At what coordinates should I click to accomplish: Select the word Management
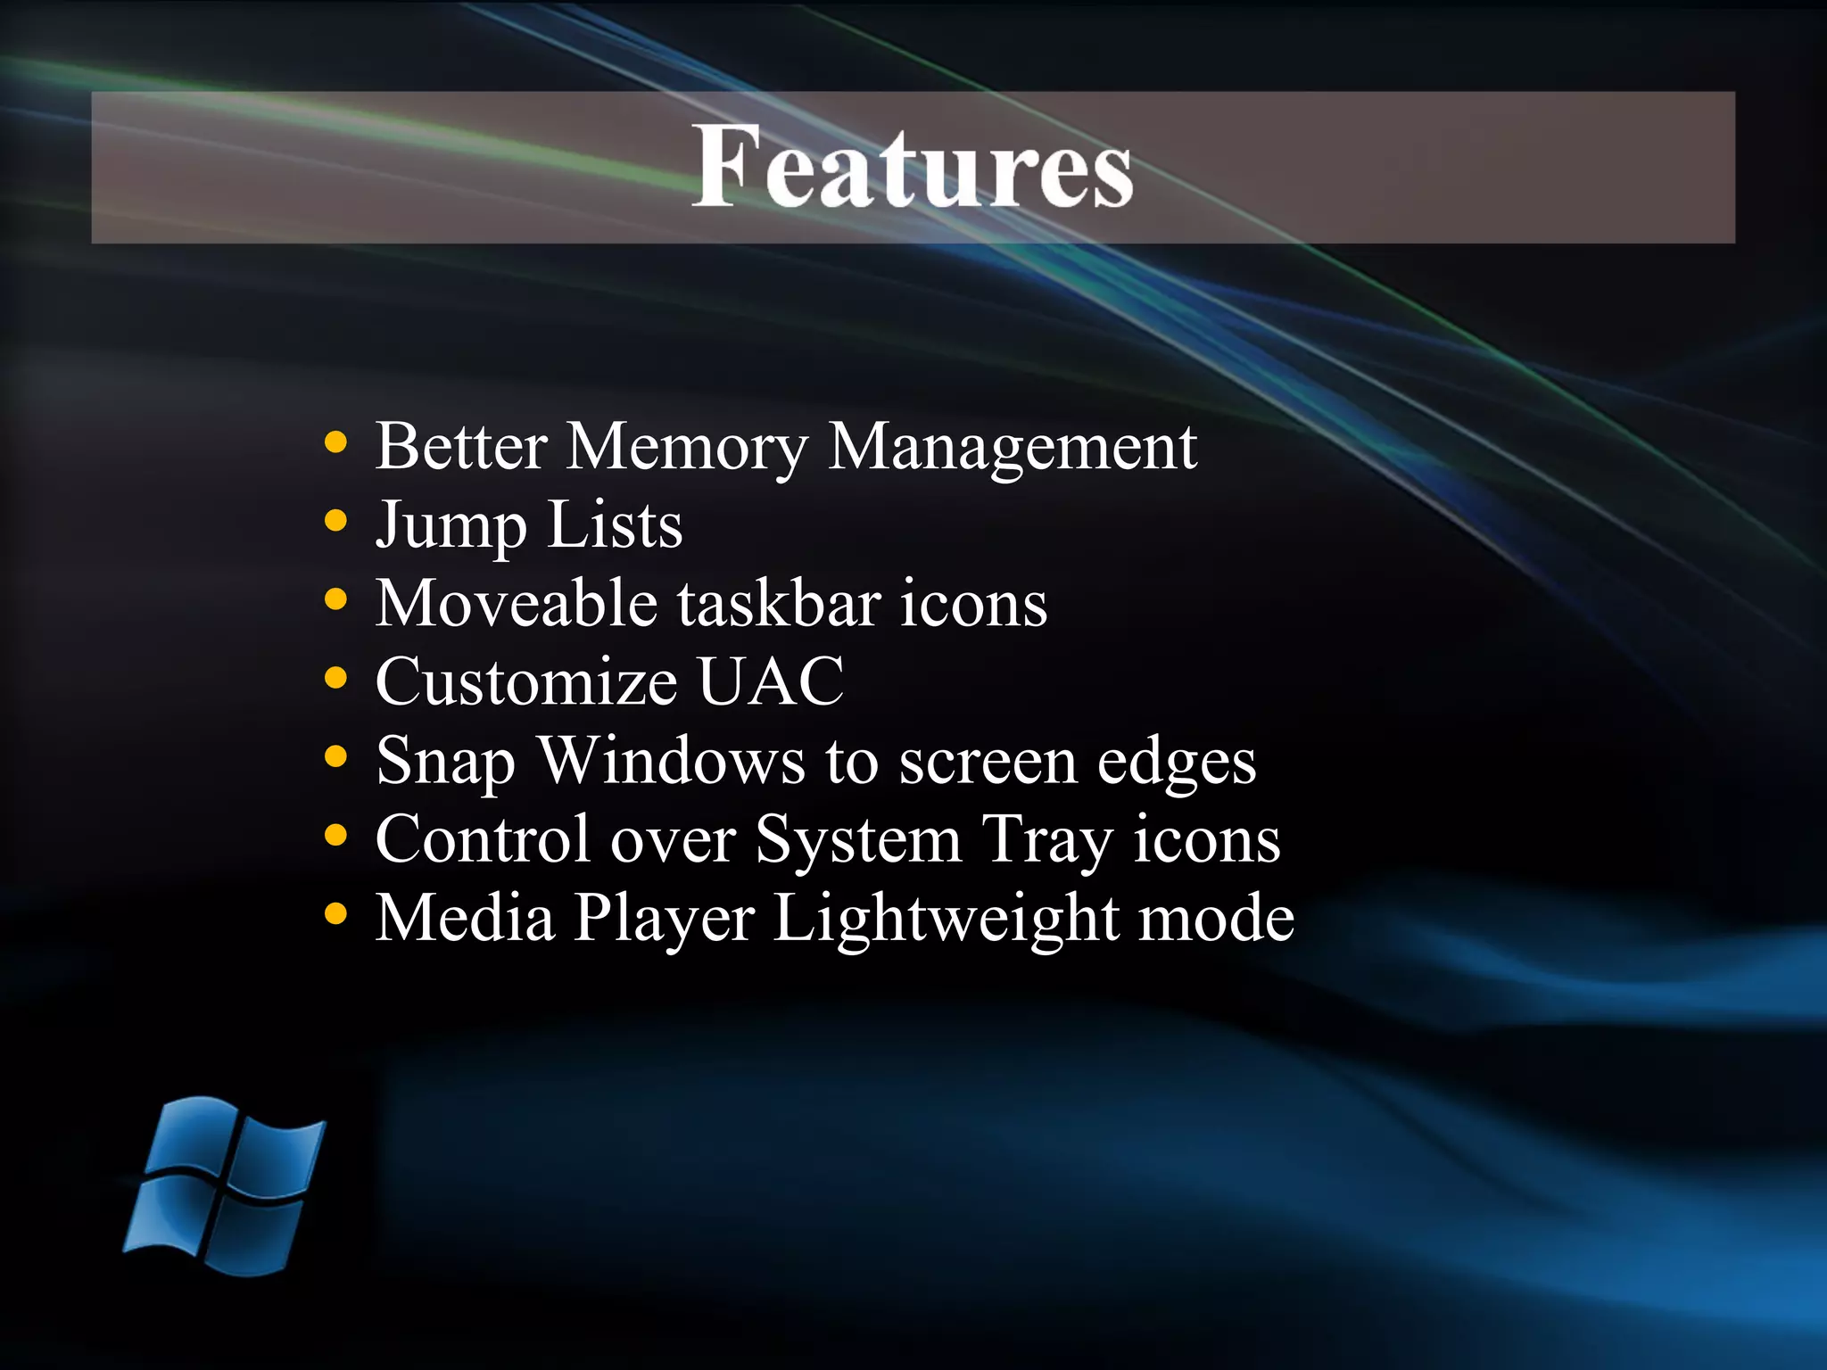(x=1013, y=448)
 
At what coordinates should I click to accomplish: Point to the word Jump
(x=451, y=526)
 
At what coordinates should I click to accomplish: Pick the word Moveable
(x=517, y=604)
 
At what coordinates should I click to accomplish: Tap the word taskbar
(x=779, y=604)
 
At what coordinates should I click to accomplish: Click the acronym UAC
(x=770, y=682)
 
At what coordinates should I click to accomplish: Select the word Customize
(x=526, y=682)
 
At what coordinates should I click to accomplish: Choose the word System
(x=858, y=841)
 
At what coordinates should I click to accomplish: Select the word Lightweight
(x=946, y=920)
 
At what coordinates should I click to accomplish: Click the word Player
(x=664, y=920)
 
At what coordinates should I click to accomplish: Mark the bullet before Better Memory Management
(x=335, y=442)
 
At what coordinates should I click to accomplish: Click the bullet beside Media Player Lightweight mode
(x=335, y=913)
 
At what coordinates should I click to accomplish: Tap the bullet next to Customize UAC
(x=335, y=678)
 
